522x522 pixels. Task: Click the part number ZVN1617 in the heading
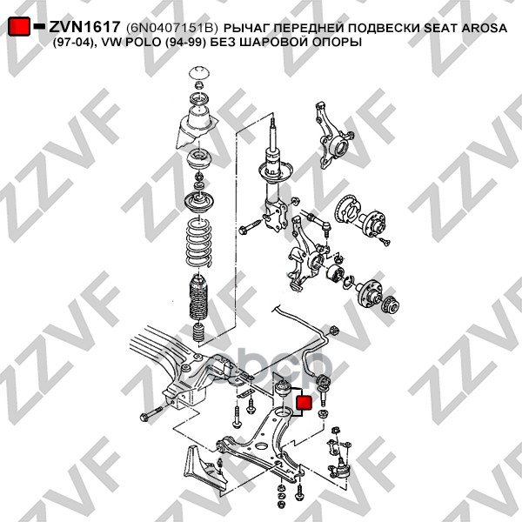[x=84, y=27]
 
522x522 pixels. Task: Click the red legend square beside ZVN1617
[x=20, y=27]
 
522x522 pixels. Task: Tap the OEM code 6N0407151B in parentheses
[x=171, y=28]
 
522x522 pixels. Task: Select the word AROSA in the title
[x=484, y=28]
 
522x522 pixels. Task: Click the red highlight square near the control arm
[x=304, y=403]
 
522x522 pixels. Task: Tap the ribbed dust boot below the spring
[x=197, y=298]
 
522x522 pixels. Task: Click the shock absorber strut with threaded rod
[x=275, y=177]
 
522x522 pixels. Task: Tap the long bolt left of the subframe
[x=152, y=412]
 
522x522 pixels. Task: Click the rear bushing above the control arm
[x=284, y=387]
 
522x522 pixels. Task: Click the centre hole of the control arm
[x=260, y=446]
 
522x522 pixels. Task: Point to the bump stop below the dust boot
[x=198, y=332]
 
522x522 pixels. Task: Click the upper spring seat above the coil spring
[x=199, y=203]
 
